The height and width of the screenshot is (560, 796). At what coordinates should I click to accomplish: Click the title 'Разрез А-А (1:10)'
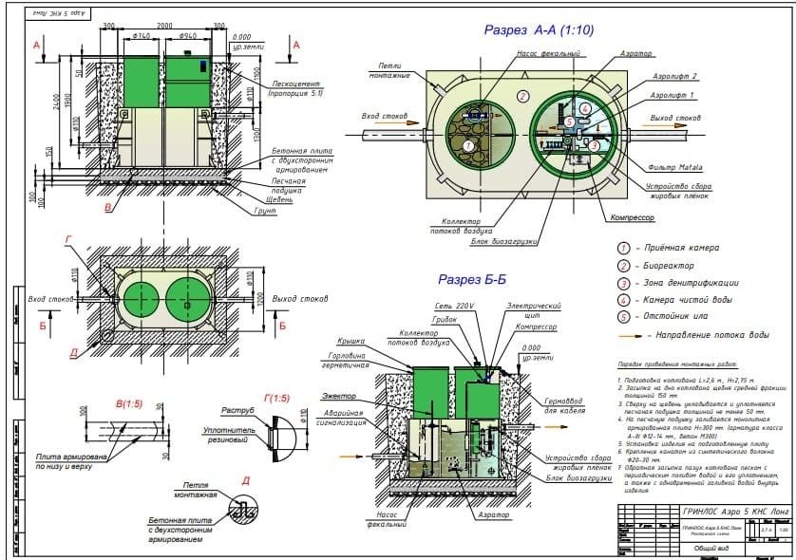click(539, 30)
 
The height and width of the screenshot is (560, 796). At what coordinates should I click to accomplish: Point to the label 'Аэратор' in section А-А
click(634, 56)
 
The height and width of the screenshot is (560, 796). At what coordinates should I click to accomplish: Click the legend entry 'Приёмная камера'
click(683, 248)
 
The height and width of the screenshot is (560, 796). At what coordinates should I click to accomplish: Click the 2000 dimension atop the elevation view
click(164, 26)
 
